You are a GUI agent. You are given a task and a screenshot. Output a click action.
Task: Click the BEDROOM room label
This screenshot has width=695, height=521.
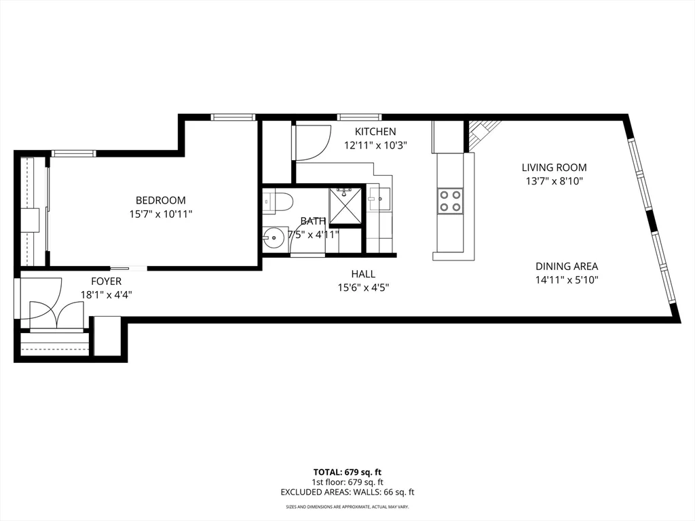(160, 200)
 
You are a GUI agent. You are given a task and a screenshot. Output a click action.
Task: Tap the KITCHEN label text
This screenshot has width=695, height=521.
(375, 132)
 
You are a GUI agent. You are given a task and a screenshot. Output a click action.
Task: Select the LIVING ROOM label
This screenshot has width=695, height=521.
(554, 168)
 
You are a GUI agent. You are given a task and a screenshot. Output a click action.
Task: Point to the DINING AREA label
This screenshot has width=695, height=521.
(567, 266)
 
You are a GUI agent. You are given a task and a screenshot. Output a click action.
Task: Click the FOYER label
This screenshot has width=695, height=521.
(107, 282)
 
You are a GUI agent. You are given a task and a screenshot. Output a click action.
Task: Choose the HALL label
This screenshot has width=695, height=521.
(364, 274)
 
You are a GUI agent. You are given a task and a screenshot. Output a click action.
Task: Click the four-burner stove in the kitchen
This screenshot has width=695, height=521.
(451, 201)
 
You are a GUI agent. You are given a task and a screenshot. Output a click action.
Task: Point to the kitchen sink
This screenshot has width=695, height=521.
(379, 199)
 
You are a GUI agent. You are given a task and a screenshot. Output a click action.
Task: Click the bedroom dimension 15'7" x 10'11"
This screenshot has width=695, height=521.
(160, 214)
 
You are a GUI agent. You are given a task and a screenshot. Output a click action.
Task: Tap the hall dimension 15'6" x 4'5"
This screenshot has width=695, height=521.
(364, 288)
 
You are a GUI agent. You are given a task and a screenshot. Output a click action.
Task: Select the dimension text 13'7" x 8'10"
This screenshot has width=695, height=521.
(554, 181)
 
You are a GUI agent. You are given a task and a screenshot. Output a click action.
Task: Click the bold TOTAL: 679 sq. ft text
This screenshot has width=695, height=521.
(347, 472)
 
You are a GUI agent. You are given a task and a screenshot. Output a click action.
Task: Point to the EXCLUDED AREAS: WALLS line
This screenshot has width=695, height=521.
(347, 493)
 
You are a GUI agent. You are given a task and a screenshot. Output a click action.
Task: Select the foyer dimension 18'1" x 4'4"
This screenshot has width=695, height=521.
(107, 295)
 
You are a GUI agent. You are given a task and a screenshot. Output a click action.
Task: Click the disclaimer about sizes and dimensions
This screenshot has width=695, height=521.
(347, 507)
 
